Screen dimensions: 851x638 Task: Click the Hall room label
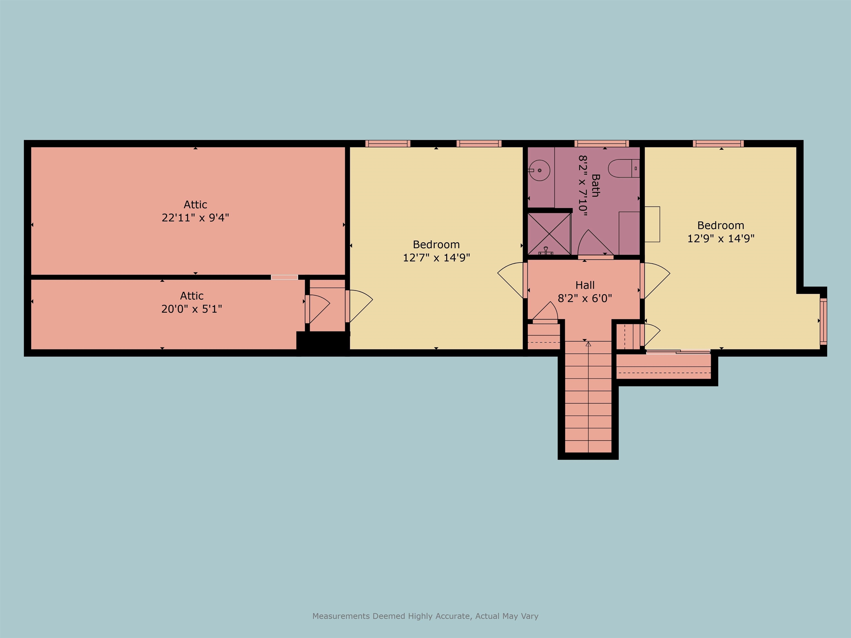click(585, 285)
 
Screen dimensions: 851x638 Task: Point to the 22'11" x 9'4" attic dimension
click(196, 218)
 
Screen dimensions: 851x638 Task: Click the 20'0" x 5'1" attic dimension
click(192, 309)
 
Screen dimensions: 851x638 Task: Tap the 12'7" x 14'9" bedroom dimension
click(436, 258)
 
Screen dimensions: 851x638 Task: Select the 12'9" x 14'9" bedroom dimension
click(721, 238)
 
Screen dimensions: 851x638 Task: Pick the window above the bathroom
click(602, 143)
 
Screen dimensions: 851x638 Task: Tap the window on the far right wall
click(823, 321)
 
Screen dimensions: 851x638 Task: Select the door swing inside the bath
click(591, 242)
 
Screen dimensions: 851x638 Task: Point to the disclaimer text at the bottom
click(425, 616)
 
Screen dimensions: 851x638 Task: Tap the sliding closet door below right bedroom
click(678, 351)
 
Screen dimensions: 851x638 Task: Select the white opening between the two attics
click(284, 277)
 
